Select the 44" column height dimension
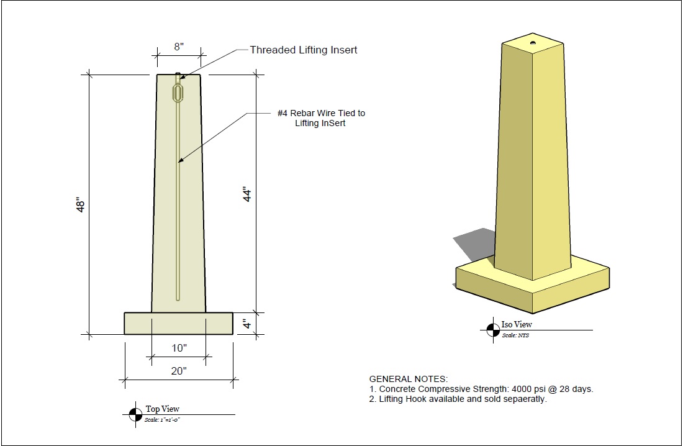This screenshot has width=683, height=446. (247, 194)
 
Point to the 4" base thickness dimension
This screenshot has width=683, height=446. (247, 324)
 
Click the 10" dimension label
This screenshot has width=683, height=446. (179, 348)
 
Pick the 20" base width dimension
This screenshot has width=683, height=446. (179, 371)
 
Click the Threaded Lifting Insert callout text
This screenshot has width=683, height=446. (304, 50)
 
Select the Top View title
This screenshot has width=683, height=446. (163, 409)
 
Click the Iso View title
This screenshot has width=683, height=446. (517, 324)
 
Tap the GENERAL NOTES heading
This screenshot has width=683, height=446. (408, 379)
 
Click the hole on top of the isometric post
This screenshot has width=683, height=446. (533, 43)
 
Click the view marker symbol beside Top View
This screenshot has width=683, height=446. (135, 414)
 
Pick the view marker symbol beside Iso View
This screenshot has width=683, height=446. (492, 330)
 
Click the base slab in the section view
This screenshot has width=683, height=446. (178, 323)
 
